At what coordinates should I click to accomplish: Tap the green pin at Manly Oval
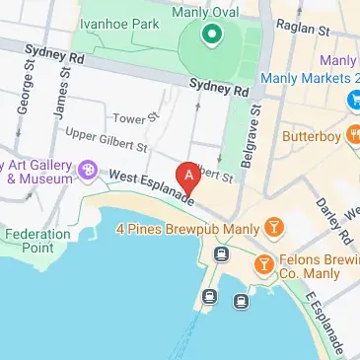click(x=210, y=36)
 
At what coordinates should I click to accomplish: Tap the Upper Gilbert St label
click(x=105, y=139)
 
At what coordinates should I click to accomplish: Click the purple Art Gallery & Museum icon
click(x=88, y=172)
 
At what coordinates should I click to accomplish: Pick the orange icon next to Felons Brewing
click(x=263, y=265)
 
